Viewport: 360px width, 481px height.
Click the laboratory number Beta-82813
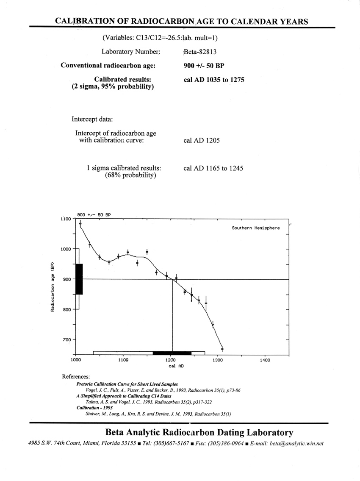pyautogui.click(x=199, y=52)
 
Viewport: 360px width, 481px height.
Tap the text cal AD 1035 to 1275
pyautogui.click(x=214, y=80)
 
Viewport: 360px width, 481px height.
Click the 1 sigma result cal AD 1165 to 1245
pyautogui.click(x=213, y=168)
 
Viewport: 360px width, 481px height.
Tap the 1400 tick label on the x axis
pyautogui.click(x=265, y=360)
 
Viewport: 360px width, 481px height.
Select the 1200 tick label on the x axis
pyautogui.click(x=171, y=360)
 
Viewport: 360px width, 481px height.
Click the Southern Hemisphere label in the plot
pyautogui.click(x=256, y=228)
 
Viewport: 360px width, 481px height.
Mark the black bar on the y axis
pyautogui.click(x=79, y=279)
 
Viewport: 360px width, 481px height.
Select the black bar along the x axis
pyautogui.click(x=172, y=353)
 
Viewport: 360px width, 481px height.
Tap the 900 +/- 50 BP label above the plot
pyautogui.click(x=94, y=215)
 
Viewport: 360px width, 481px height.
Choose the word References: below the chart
pyautogui.click(x=76, y=376)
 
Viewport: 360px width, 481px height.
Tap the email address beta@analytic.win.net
pyautogui.click(x=294, y=444)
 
